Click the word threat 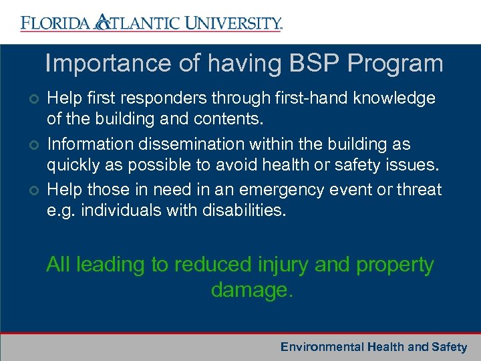tap(420, 190)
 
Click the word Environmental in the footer tap(321, 346)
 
